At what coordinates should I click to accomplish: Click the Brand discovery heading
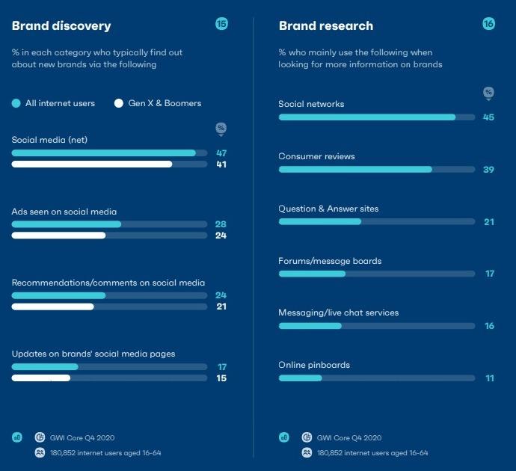point(61,26)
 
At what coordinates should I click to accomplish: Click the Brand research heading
point(326,26)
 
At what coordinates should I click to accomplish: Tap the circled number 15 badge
point(221,24)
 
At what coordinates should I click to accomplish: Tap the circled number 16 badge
point(488,24)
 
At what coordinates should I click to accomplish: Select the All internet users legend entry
point(54,103)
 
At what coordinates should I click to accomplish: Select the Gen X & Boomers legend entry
point(158,103)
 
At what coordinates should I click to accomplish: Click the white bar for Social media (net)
point(92,164)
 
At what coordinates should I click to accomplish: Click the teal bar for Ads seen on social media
point(66,224)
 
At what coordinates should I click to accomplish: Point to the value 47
point(221,153)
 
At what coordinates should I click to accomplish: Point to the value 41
point(221,164)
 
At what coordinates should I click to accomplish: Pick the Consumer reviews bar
point(355,170)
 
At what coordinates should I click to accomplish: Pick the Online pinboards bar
point(300,378)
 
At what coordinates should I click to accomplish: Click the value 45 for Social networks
point(489,117)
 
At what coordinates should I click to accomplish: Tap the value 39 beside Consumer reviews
point(489,170)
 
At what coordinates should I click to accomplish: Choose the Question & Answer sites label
point(328,209)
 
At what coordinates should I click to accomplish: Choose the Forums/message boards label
point(330,261)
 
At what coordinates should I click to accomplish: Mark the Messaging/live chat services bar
point(310,326)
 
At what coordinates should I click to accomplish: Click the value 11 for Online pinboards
point(490,378)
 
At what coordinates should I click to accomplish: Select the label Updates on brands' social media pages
point(93,354)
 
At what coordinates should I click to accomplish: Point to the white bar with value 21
point(52,307)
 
